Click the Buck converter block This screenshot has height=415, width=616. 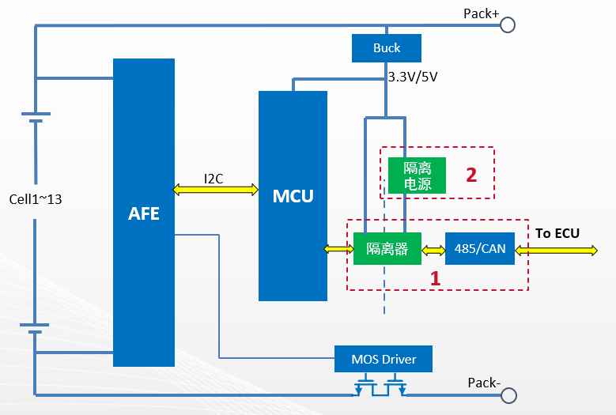[x=387, y=48]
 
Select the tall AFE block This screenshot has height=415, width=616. [x=144, y=212]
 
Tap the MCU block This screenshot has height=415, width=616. [x=293, y=195]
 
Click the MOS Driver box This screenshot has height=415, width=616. [x=384, y=359]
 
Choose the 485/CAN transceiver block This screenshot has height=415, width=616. [x=479, y=249]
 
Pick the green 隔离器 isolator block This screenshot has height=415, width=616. [x=387, y=249]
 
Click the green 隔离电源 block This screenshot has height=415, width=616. [x=417, y=175]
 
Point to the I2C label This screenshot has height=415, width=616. [x=214, y=179]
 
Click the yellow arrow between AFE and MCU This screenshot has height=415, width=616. [x=216, y=190]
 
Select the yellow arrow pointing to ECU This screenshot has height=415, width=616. [x=557, y=250]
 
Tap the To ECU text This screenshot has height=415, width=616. [x=557, y=232]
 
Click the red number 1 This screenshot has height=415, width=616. [x=434, y=278]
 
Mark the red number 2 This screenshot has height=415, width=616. [x=471, y=175]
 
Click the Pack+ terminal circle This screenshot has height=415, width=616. [x=508, y=25]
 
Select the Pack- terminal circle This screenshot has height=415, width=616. [x=508, y=394]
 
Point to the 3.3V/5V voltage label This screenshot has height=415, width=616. [x=412, y=77]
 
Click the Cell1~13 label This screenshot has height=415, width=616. [x=35, y=199]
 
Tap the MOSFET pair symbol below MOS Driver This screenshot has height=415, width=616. [x=380, y=387]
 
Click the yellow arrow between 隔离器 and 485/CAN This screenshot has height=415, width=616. [x=433, y=250]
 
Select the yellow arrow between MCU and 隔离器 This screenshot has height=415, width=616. [x=338, y=249]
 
